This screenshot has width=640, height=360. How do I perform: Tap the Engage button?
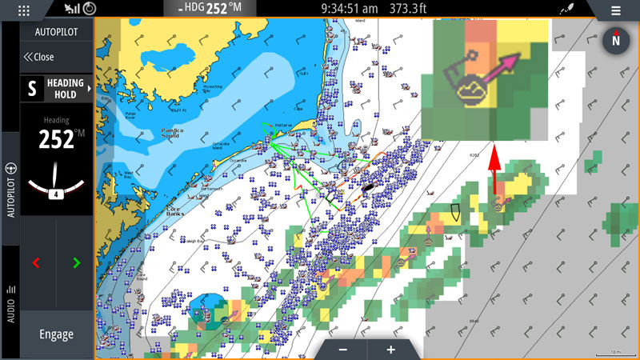[x=56, y=334]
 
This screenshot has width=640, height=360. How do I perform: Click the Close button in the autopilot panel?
[x=39, y=57]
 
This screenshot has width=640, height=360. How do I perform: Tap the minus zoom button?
[x=343, y=350]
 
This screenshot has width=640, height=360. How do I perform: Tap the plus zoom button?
[x=390, y=350]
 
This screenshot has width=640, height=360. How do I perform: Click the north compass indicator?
[x=616, y=39]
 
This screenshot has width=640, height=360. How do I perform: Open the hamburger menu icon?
[x=615, y=10]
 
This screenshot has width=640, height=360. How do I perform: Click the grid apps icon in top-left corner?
[x=23, y=10]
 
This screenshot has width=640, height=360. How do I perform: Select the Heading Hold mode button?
[x=56, y=89]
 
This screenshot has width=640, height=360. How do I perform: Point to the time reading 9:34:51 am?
[x=349, y=9]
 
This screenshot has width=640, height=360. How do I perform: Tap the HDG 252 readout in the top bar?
[x=210, y=9]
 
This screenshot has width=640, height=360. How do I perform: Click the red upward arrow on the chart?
[x=494, y=170]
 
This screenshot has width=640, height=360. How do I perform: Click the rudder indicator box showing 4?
[x=56, y=194]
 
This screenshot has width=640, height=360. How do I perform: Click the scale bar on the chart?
[x=614, y=352]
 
